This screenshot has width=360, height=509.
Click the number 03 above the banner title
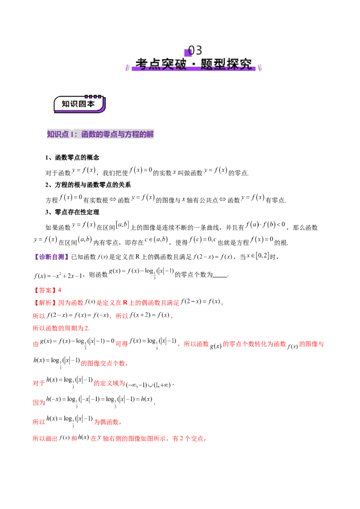click(195, 50)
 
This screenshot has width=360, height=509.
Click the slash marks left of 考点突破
click(128, 67)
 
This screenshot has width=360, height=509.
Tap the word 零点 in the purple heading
click(108, 134)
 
